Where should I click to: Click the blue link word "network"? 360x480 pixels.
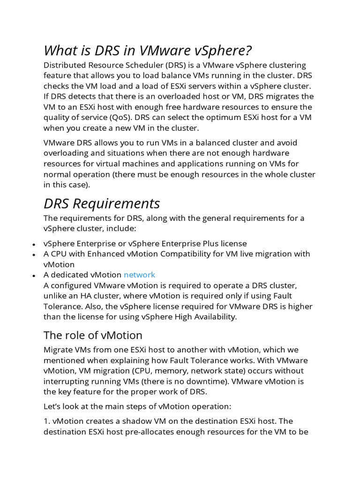[x=139, y=275]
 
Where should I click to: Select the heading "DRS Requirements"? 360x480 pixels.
[x=102, y=203]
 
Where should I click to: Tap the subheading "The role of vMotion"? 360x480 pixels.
[x=93, y=335]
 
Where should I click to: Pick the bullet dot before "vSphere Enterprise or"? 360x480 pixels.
[x=34, y=245]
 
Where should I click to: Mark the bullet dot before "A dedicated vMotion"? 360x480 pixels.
[x=34, y=276]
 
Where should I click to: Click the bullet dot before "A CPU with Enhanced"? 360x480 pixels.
[x=34, y=255]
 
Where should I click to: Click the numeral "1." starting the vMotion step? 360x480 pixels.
[x=47, y=421]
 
